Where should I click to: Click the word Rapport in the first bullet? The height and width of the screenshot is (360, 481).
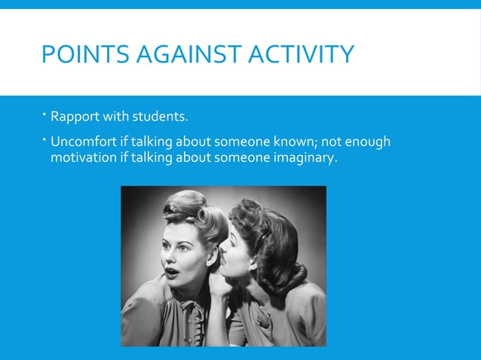[x=74, y=117]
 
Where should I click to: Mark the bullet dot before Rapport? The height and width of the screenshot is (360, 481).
[x=44, y=115]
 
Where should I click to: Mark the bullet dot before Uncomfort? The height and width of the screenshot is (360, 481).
[x=44, y=139]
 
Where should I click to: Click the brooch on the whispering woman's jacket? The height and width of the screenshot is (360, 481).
[x=263, y=320]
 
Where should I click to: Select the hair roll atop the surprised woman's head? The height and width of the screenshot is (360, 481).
[x=185, y=203]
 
